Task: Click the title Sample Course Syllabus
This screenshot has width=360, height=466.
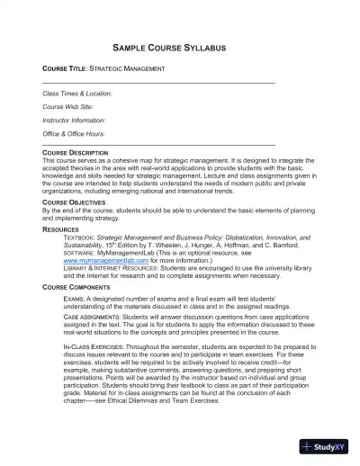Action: click(180, 46)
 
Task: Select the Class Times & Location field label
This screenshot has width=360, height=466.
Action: click(77, 93)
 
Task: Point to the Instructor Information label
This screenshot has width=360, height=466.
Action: click(74, 119)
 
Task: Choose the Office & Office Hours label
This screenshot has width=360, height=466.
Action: click(74, 132)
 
